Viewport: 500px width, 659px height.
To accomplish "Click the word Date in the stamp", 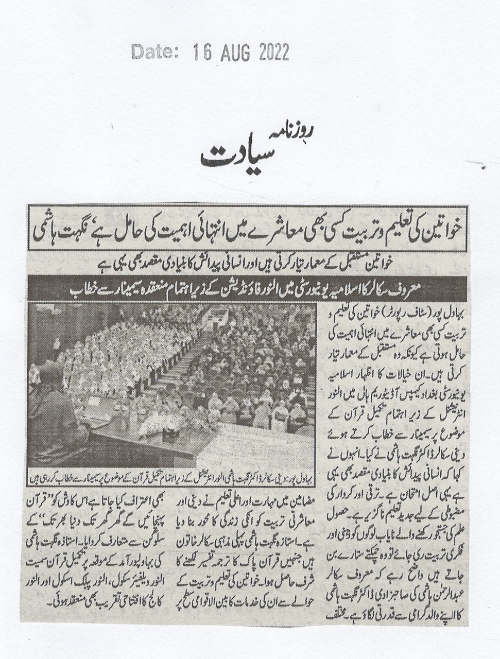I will (x=153, y=52).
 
